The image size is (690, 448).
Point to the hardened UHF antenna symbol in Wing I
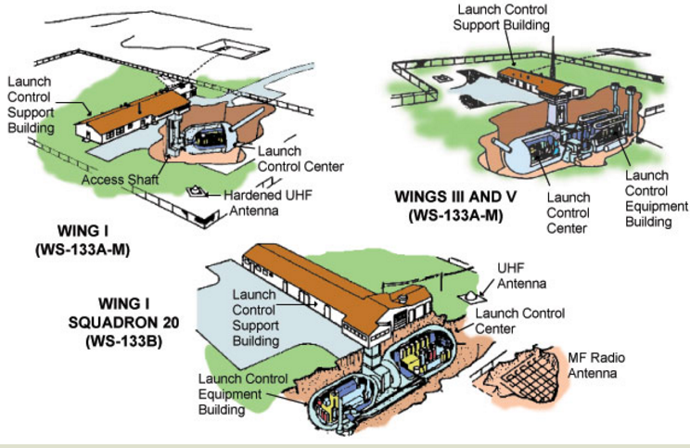pyautogui.click(x=198, y=191)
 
